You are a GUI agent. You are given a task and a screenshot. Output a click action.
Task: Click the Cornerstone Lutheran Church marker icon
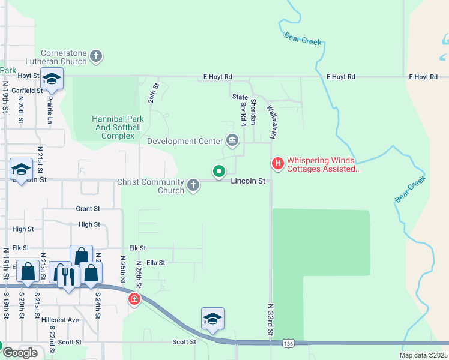[96, 57]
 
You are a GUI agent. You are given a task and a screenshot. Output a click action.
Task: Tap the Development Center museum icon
[232, 141]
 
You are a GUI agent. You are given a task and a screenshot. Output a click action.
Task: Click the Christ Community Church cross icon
[193, 185]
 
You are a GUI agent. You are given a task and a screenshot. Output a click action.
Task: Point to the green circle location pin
[220, 172]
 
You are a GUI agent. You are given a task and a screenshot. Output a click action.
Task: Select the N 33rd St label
[270, 320]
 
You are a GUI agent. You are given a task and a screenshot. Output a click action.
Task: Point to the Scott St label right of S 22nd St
[185, 342]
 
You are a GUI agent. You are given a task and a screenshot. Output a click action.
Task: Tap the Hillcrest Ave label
[60, 320]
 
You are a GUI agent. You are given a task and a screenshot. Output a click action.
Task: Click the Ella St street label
[155, 262]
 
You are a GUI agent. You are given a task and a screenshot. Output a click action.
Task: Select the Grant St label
[88, 209]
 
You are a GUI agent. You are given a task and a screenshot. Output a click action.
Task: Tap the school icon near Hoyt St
[52, 80]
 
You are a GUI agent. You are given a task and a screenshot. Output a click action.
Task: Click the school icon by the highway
[212, 319]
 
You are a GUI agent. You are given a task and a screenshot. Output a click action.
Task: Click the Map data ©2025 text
[423, 355]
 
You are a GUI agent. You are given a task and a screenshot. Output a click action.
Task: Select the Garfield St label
[28, 91]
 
